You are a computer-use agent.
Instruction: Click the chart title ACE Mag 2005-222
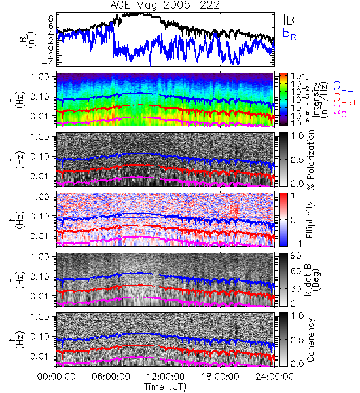coord(165,5)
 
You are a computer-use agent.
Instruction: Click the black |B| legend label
coord(291,19)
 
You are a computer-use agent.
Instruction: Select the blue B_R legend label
coord(289,33)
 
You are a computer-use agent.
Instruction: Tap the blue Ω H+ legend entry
coord(343,88)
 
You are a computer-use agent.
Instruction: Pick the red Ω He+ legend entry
coord(345,99)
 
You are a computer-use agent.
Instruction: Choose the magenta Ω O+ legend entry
coord(343,111)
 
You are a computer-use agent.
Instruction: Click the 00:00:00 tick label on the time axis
coord(56,377)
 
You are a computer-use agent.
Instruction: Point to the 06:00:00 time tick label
coord(111,377)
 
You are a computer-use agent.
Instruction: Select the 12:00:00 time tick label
coord(166,377)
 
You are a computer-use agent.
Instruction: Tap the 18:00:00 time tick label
coord(220,377)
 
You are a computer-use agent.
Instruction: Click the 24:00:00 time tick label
coord(274,377)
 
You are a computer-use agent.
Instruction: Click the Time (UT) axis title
coord(165,387)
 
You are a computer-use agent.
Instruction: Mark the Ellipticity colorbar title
coord(310,220)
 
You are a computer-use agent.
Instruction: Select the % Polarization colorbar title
coord(310,160)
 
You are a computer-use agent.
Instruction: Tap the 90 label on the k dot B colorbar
coord(296,256)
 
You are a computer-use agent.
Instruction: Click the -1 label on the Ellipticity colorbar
coord(296,244)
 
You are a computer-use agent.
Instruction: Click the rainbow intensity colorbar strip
coord(283,100)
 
